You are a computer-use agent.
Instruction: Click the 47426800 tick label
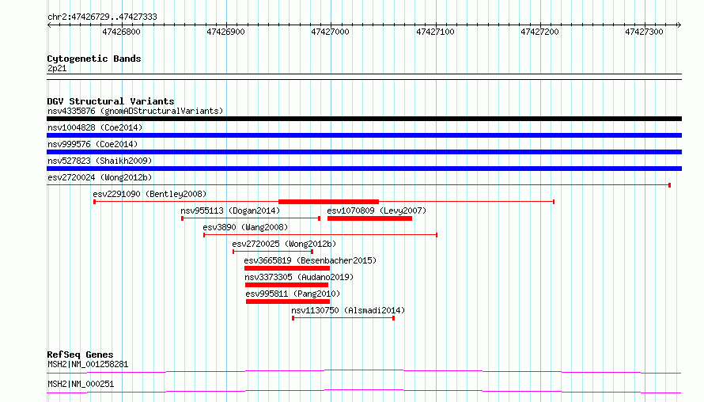coord(121,32)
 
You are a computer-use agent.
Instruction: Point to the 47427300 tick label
coord(644,32)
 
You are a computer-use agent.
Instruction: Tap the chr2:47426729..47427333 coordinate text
coord(102,17)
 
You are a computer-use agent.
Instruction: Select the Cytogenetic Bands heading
coord(94,59)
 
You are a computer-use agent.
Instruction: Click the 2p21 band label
coord(57,68)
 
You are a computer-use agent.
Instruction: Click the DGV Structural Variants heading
coord(111,101)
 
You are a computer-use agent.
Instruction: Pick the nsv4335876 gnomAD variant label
coord(135,111)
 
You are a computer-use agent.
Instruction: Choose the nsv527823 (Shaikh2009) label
coord(100,161)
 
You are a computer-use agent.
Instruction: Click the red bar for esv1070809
coord(369,218)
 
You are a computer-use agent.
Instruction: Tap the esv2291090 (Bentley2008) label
coord(150,194)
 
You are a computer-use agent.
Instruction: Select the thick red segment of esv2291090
coord(328,202)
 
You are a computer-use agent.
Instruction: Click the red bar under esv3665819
coord(287,268)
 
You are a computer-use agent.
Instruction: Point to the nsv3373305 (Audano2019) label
coord(299,277)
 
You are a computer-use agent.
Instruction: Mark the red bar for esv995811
coord(288,301)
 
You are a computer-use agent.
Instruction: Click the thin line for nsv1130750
coord(343,318)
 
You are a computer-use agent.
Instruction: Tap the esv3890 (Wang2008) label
coord(245,227)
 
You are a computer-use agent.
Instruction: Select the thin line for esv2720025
coord(273,252)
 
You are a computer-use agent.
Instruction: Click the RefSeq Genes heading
coord(80,355)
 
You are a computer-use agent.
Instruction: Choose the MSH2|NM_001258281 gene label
coord(88,364)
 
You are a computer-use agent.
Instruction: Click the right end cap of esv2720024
coord(669,185)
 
